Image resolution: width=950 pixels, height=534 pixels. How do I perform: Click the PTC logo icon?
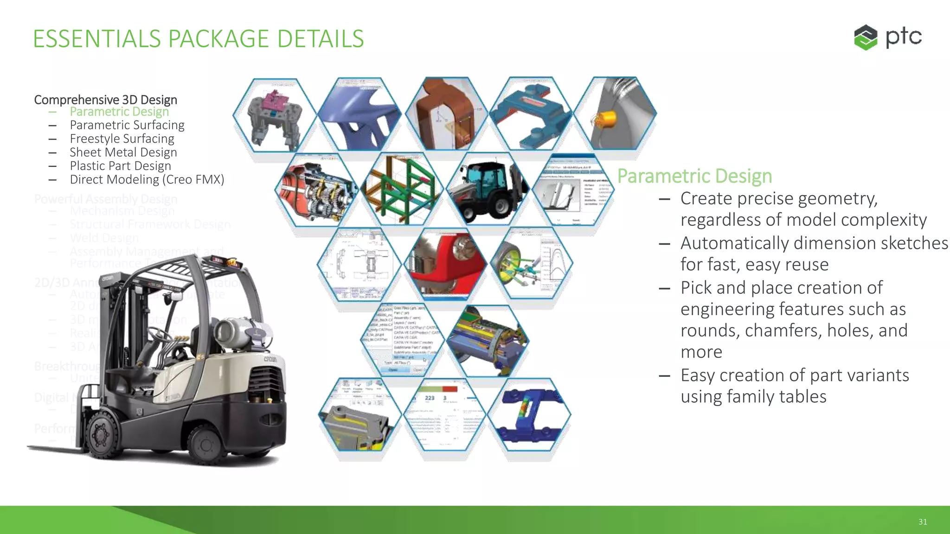(x=866, y=37)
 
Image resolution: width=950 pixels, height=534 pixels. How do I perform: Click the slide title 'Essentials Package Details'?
(x=198, y=38)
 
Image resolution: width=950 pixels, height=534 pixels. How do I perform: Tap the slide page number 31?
(x=923, y=521)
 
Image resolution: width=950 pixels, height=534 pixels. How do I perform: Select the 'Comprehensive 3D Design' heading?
(x=105, y=100)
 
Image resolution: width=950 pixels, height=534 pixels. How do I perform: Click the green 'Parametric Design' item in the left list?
(x=119, y=112)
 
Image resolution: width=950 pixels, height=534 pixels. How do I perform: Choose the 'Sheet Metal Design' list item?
(x=123, y=152)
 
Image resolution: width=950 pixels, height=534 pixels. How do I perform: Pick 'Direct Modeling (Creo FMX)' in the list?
(x=147, y=179)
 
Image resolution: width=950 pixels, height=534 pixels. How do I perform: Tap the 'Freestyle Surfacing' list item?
(x=122, y=139)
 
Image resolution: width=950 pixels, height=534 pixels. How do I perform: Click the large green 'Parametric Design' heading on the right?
(x=694, y=176)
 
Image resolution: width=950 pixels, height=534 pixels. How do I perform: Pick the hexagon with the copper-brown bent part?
(x=446, y=114)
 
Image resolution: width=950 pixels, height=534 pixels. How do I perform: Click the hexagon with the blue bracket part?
(x=530, y=114)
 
